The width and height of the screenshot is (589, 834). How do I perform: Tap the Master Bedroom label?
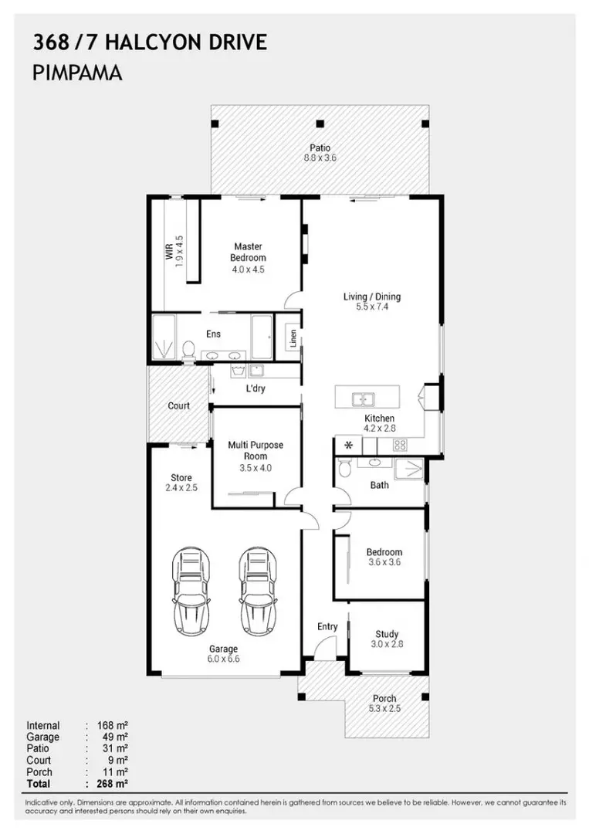tap(248, 253)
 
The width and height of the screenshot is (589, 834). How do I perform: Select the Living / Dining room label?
tap(372, 297)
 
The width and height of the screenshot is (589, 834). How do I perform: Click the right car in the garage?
tap(257, 590)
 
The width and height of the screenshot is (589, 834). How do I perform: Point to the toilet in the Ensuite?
tap(187, 350)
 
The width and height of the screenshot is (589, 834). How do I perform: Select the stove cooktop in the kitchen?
tap(401, 444)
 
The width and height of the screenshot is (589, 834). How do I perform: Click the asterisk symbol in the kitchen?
tap(347, 446)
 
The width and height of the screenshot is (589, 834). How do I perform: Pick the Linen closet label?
tap(293, 338)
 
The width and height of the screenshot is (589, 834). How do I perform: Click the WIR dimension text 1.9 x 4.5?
tap(179, 252)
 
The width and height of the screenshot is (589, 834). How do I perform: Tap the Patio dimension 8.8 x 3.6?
tap(320, 158)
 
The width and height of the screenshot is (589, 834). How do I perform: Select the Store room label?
tap(181, 478)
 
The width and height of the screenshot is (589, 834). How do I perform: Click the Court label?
tap(179, 406)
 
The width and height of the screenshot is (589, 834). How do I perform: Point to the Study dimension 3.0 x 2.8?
tap(387, 644)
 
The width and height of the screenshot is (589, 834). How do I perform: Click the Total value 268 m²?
tap(112, 784)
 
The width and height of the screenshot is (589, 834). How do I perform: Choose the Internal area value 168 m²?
tap(112, 726)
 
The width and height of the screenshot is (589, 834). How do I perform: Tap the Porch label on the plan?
tap(384, 698)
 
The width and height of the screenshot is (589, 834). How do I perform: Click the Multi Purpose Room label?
tap(256, 450)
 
